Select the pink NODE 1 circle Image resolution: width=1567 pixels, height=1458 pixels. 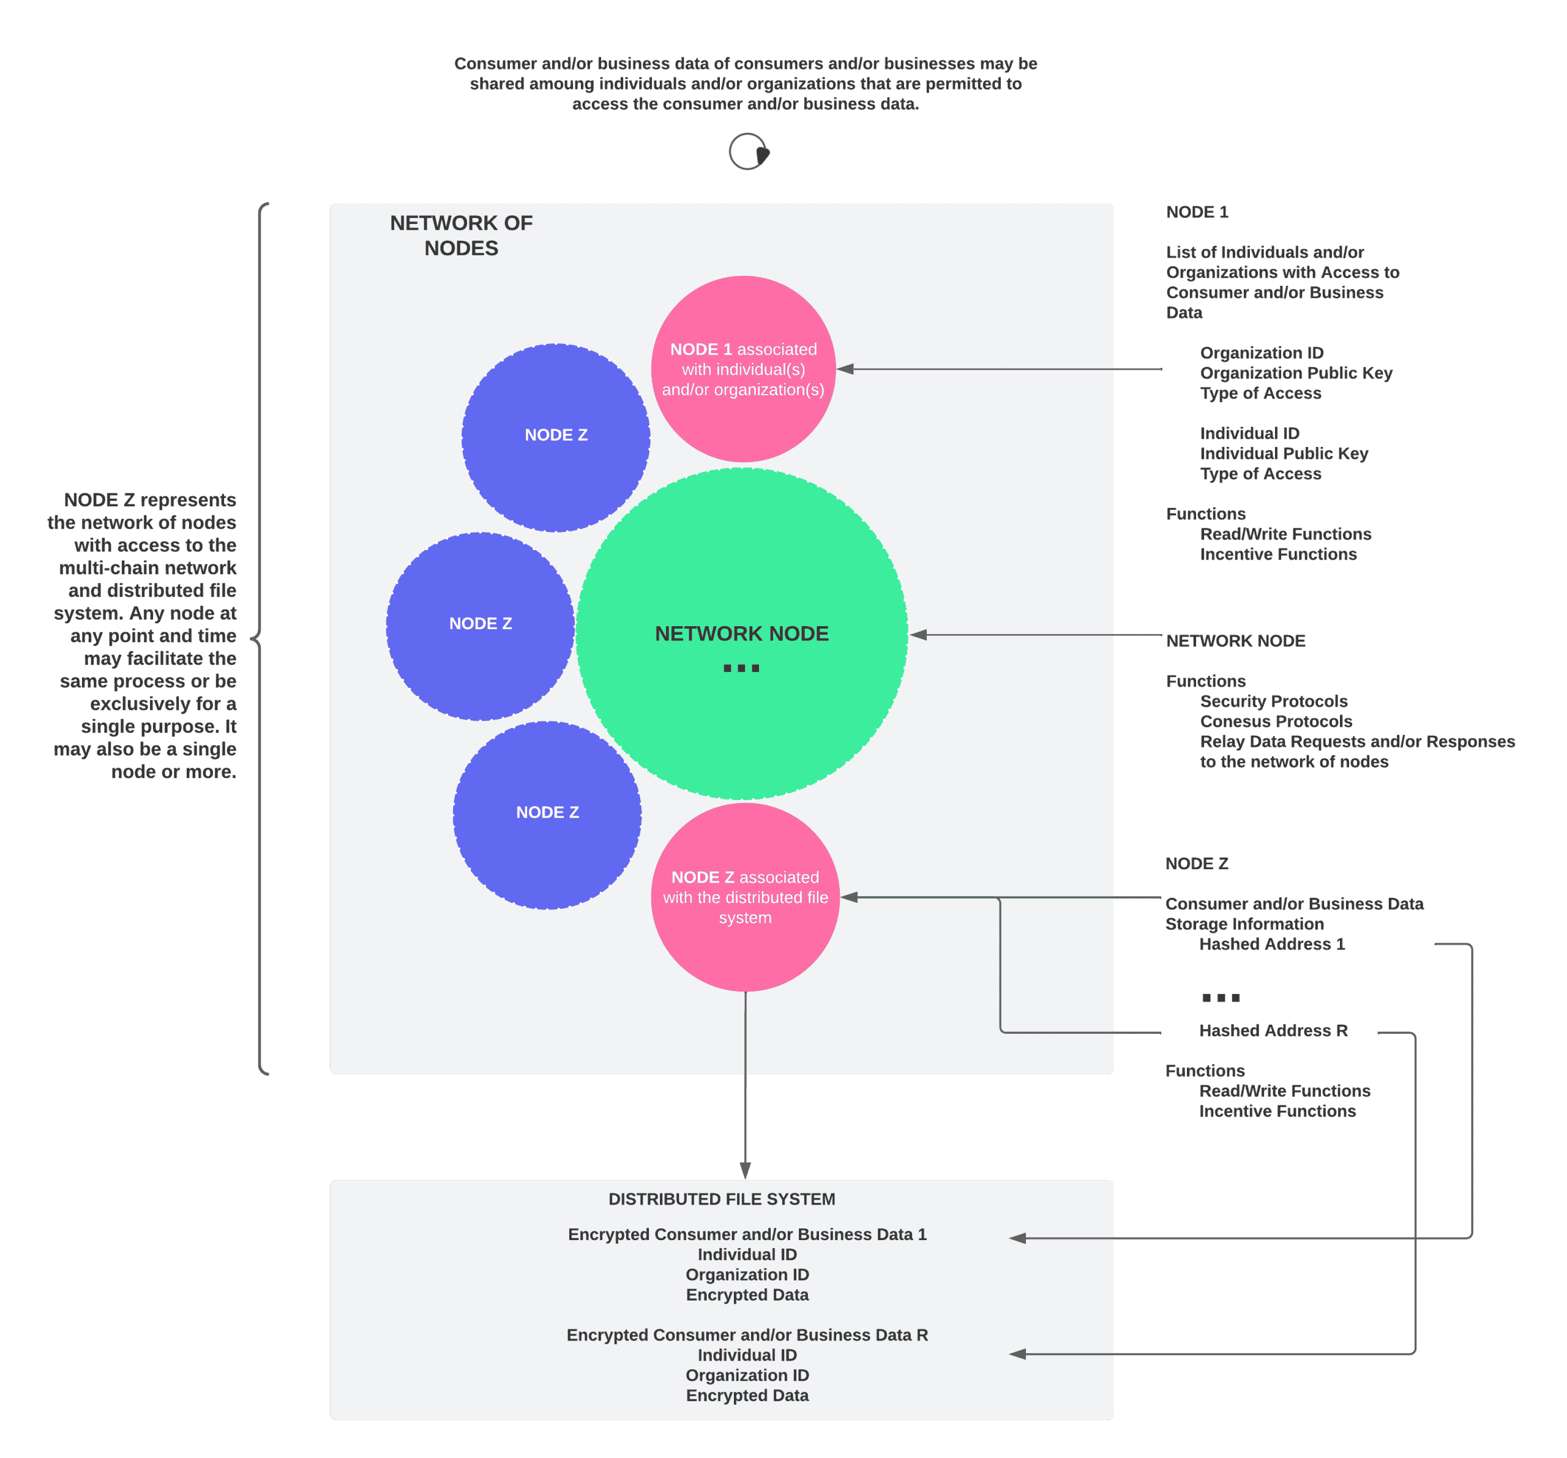click(x=743, y=369)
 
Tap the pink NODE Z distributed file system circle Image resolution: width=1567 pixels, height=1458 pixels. click(x=745, y=897)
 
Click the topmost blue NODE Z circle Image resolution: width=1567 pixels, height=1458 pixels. click(x=556, y=438)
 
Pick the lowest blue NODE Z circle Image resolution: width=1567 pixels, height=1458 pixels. click(x=547, y=815)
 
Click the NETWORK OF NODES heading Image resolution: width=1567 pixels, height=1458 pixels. click(x=461, y=235)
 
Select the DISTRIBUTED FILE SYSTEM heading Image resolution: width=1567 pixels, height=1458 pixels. click(x=721, y=1198)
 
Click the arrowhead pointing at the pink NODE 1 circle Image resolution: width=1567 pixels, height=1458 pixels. click(x=846, y=369)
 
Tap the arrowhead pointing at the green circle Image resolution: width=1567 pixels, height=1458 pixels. click(x=919, y=634)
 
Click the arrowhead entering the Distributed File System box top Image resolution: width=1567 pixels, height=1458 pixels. click(x=745, y=1170)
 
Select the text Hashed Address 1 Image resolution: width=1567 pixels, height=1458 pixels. click(x=1271, y=944)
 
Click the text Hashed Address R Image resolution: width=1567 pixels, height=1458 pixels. click(x=1273, y=1031)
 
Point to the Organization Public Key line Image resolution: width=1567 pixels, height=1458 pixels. click(x=1296, y=373)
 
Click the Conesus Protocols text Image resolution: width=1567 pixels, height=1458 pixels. click(x=1276, y=721)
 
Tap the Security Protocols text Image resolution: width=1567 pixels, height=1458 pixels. click(x=1273, y=701)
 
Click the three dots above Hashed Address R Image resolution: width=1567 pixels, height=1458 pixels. click(x=1220, y=998)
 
